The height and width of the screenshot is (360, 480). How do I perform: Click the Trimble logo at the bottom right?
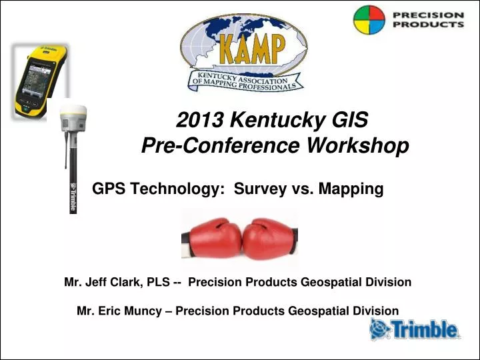pos(414,329)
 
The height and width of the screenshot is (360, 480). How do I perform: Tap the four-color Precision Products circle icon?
pos(369,20)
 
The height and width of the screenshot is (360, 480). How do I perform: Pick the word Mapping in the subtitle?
pos(351,189)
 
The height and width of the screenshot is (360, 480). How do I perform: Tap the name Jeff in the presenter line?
pos(100,282)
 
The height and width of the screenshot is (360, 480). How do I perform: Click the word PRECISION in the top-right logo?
pos(427,14)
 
